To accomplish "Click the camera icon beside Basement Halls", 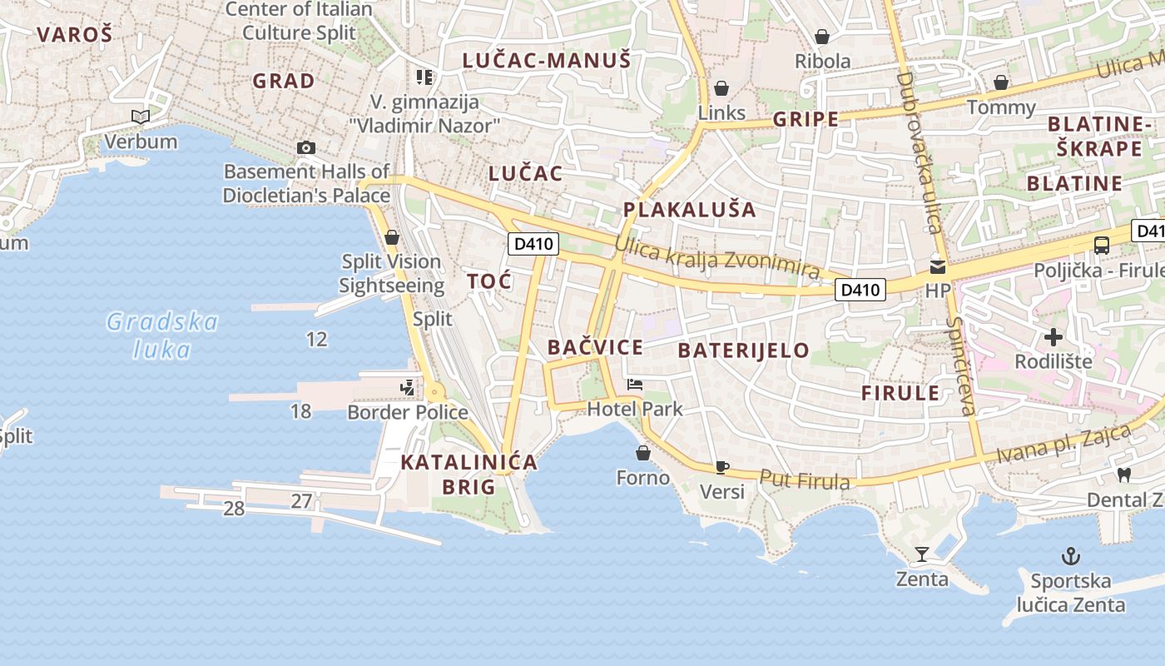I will click(x=306, y=148).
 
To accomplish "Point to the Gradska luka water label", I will click(x=163, y=335).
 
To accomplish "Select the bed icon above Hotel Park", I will click(x=635, y=385).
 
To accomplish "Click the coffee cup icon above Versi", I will click(x=721, y=467).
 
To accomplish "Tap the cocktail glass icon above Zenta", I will click(x=922, y=554).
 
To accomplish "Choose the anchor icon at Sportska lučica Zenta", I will click(x=1070, y=556).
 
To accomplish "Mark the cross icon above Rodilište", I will click(x=1053, y=337).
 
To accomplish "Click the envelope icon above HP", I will click(x=938, y=267).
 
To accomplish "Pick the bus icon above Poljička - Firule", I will click(x=1102, y=246).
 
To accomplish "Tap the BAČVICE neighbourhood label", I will click(x=595, y=348).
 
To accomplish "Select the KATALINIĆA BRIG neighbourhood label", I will click(x=469, y=475).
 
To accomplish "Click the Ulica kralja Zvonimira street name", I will click(x=717, y=258).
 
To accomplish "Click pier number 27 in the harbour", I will click(x=301, y=501).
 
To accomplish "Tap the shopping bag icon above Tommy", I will click(x=1001, y=82).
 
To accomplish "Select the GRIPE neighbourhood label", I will click(x=806, y=119).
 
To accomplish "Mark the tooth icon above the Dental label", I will click(x=1123, y=475).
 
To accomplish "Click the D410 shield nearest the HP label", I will click(x=860, y=290).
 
